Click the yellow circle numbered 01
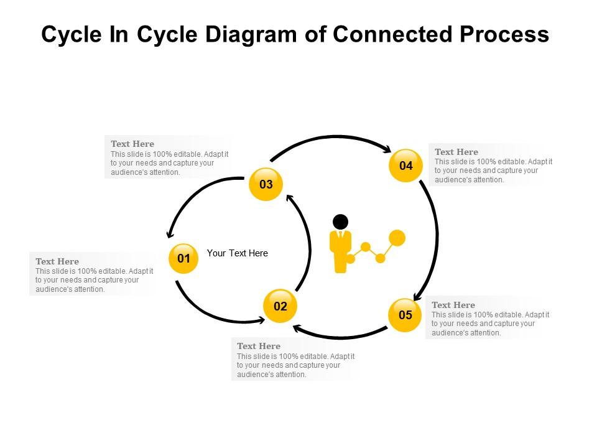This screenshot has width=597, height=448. [x=183, y=258]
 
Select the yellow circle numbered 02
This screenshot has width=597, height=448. [x=280, y=306]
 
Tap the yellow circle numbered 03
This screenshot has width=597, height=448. [x=266, y=184]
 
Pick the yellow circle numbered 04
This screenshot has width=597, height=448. [x=405, y=166]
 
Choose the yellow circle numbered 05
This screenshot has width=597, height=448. [x=405, y=315]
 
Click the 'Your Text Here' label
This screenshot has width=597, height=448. [x=237, y=253]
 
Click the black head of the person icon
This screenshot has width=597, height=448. [x=340, y=222]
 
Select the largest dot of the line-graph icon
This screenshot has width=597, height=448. [x=397, y=238]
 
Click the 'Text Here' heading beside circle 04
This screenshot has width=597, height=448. [x=456, y=152]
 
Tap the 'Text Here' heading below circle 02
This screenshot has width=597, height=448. [x=259, y=346]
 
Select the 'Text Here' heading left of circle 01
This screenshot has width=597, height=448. [x=57, y=261]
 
